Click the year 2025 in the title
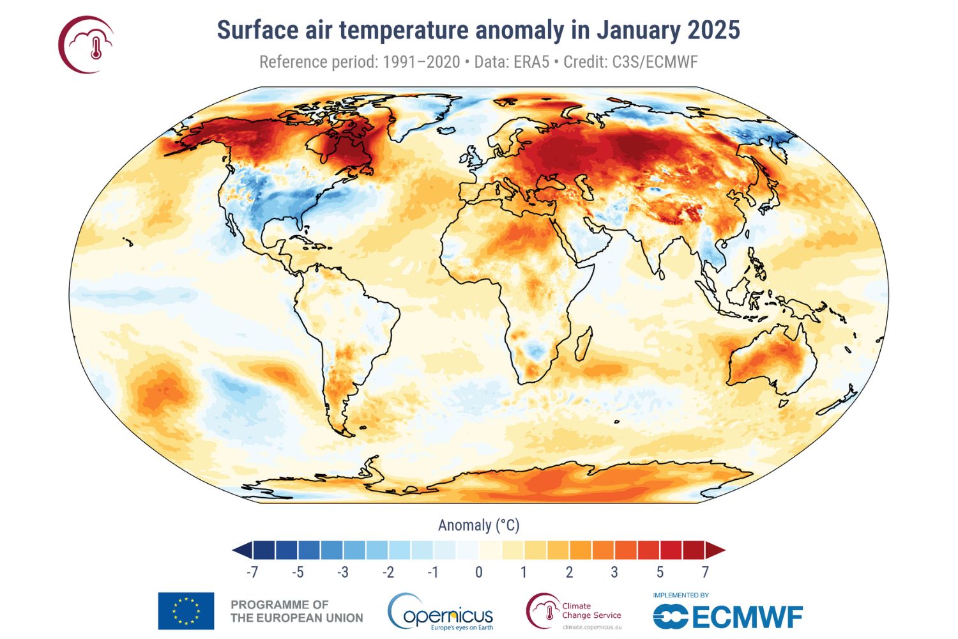(x=713, y=30)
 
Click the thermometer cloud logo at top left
(x=86, y=45)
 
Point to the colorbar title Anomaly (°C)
(x=478, y=525)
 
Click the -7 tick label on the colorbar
(x=252, y=572)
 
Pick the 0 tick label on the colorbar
(x=478, y=572)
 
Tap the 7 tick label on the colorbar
(x=705, y=572)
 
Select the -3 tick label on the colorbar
(x=343, y=572)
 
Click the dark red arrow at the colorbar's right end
(x=715, y=550)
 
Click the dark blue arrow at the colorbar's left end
(x=242, y=550)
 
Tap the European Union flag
(x=186, y=611)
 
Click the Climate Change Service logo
(x=574, y=611)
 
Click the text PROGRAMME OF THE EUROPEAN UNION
(x=296, y=611)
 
